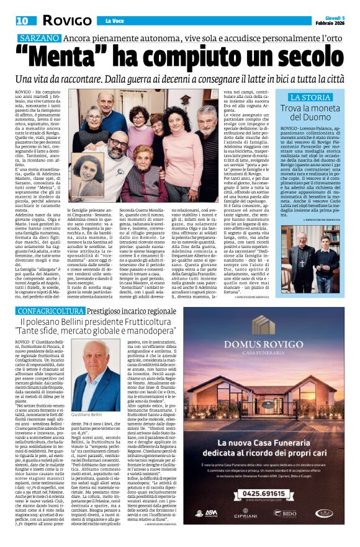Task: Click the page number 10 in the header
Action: (x=12, y=20)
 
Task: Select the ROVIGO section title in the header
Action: (x=67, y=20)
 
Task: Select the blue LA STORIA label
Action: (x=310, y=98)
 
